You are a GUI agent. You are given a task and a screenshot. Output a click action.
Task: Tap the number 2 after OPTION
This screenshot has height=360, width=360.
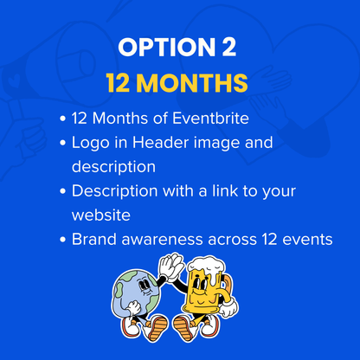pyautogui.click(x=228, y=47)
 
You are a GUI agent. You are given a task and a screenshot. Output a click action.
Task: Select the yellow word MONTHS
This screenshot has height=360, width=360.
pyautogui.click(x=192, y=83)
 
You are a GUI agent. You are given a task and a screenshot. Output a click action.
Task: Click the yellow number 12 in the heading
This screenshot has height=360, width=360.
pyautogui.click(x=118, y=83)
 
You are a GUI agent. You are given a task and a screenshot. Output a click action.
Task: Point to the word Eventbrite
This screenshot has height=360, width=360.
pyautogui.click(x=210, y=119)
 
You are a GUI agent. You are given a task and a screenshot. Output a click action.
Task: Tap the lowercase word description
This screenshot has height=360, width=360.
pyautogui.click(x=113, y=167)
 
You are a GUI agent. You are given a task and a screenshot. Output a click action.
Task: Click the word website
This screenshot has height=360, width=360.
pyautogui.click(x=101, y=215)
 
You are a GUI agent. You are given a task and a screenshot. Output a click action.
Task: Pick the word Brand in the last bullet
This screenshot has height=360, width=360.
pyautogui.click(x=94, y=239)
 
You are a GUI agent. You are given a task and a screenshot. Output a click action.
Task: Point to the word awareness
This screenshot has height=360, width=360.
pyautogui.click(x=162, y=241)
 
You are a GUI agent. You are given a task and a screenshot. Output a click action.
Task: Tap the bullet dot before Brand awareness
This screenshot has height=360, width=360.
pyautogui.click(x=63, y=240)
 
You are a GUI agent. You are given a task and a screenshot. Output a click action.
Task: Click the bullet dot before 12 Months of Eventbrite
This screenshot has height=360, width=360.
pyautogui.click(x=63, y=119)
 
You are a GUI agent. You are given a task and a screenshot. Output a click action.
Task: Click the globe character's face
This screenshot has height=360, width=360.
pyautogui.click(x=145, y=287)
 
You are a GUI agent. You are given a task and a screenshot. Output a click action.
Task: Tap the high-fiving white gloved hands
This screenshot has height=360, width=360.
pyautogui.click(x=170, y=266)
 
